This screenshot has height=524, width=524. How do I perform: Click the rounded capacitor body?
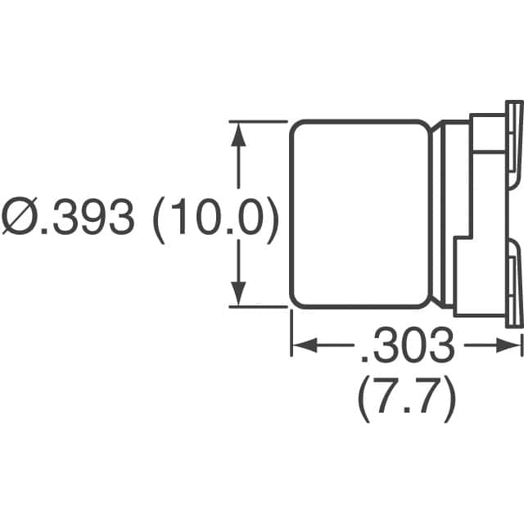click(361, 215)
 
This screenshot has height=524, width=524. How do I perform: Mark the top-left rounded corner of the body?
click(296, 127)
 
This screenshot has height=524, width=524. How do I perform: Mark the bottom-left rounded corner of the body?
click(296, 302)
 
